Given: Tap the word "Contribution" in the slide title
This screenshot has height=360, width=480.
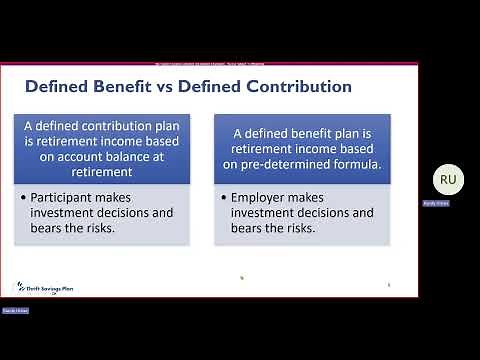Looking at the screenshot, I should (x=298, y=86).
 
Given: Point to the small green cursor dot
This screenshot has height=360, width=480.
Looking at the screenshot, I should (x=242, y=279).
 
